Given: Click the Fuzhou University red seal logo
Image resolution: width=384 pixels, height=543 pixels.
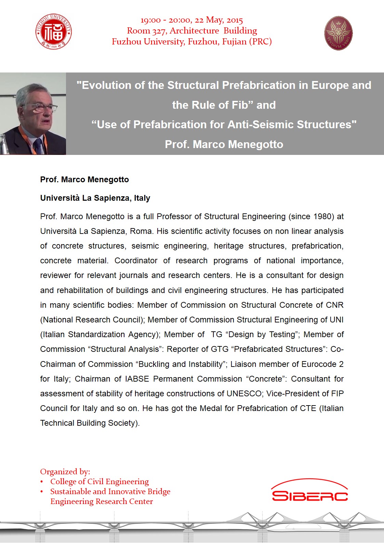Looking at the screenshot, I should (53, 32).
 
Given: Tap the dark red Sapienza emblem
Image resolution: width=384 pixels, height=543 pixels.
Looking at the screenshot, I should (338, 33).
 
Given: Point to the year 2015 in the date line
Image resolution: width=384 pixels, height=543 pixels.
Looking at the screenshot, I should (235, 20).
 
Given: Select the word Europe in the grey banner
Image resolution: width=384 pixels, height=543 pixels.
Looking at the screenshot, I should (330, 85).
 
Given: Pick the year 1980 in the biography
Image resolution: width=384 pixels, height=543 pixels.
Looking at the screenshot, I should (321, 216).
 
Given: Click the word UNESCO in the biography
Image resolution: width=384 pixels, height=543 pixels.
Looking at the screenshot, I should (244, 394).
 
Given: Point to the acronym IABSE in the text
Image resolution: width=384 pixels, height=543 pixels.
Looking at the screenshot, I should (137, 379).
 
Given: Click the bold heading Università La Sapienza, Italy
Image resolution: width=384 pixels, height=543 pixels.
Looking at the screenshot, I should (95, 198).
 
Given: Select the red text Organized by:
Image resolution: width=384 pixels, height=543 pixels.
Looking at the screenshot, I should (65, 472).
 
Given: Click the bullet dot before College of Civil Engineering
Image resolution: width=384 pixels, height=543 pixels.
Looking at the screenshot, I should (42, 482).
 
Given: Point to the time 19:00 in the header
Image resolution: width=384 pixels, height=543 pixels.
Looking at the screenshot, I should (150, 20).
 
